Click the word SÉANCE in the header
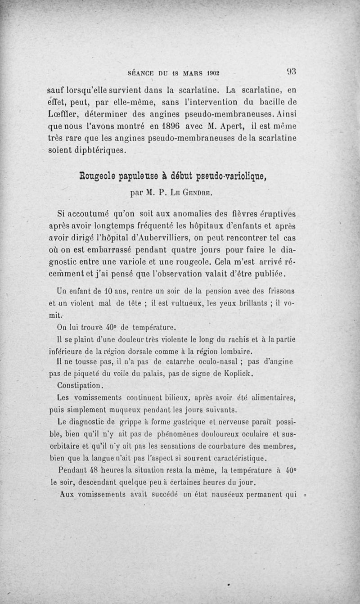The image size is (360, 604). pos(142,72)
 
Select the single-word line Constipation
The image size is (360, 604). pos(81,386)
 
